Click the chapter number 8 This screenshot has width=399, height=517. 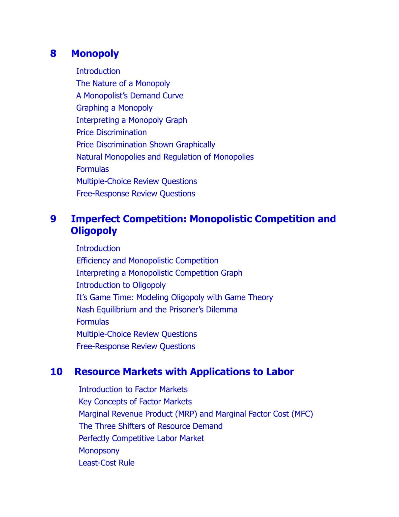pyautogui.click(x=53, y=54)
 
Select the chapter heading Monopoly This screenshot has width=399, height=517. pyautogui.click(x=95, y=54)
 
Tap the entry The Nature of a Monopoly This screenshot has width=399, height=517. pyautogui.click(x=123, y=83)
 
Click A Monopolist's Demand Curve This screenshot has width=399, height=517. pyautogui.click(x=130, y=96)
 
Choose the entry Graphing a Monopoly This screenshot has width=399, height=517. pyautogui.click(x=114, y=108)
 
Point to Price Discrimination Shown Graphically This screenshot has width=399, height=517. pyautogui.click(x=146, y=145)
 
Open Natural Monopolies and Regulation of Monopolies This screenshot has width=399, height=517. pyautogui.click(x=165, y=157)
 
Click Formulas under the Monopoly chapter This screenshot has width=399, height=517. pyautogui.click(x=93, y=169)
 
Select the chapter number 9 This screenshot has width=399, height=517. pyautogui.click(x=53, y=219)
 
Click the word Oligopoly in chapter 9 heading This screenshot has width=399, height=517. pyautogui.click(x=94, y=231)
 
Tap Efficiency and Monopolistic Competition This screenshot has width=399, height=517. pyautogui.click(x=147, y=261)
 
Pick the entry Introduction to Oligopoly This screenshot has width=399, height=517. pyautogui.click(x=121, y=285)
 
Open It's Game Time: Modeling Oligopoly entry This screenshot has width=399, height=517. pyautogui.click(x=175, y=297)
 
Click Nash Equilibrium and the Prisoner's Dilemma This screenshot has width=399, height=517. pyautogui.click(x=157, y=309)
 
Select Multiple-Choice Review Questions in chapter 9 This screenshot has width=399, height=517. pyautogui.click(x=136, y=334)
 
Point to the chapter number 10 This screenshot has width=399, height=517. pyautogui.click(x=56, y=372)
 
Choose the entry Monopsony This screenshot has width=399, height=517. pyautogui.click(x=99, y=451)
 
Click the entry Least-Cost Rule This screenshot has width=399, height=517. pyautogui.click(x=106, y=463)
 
